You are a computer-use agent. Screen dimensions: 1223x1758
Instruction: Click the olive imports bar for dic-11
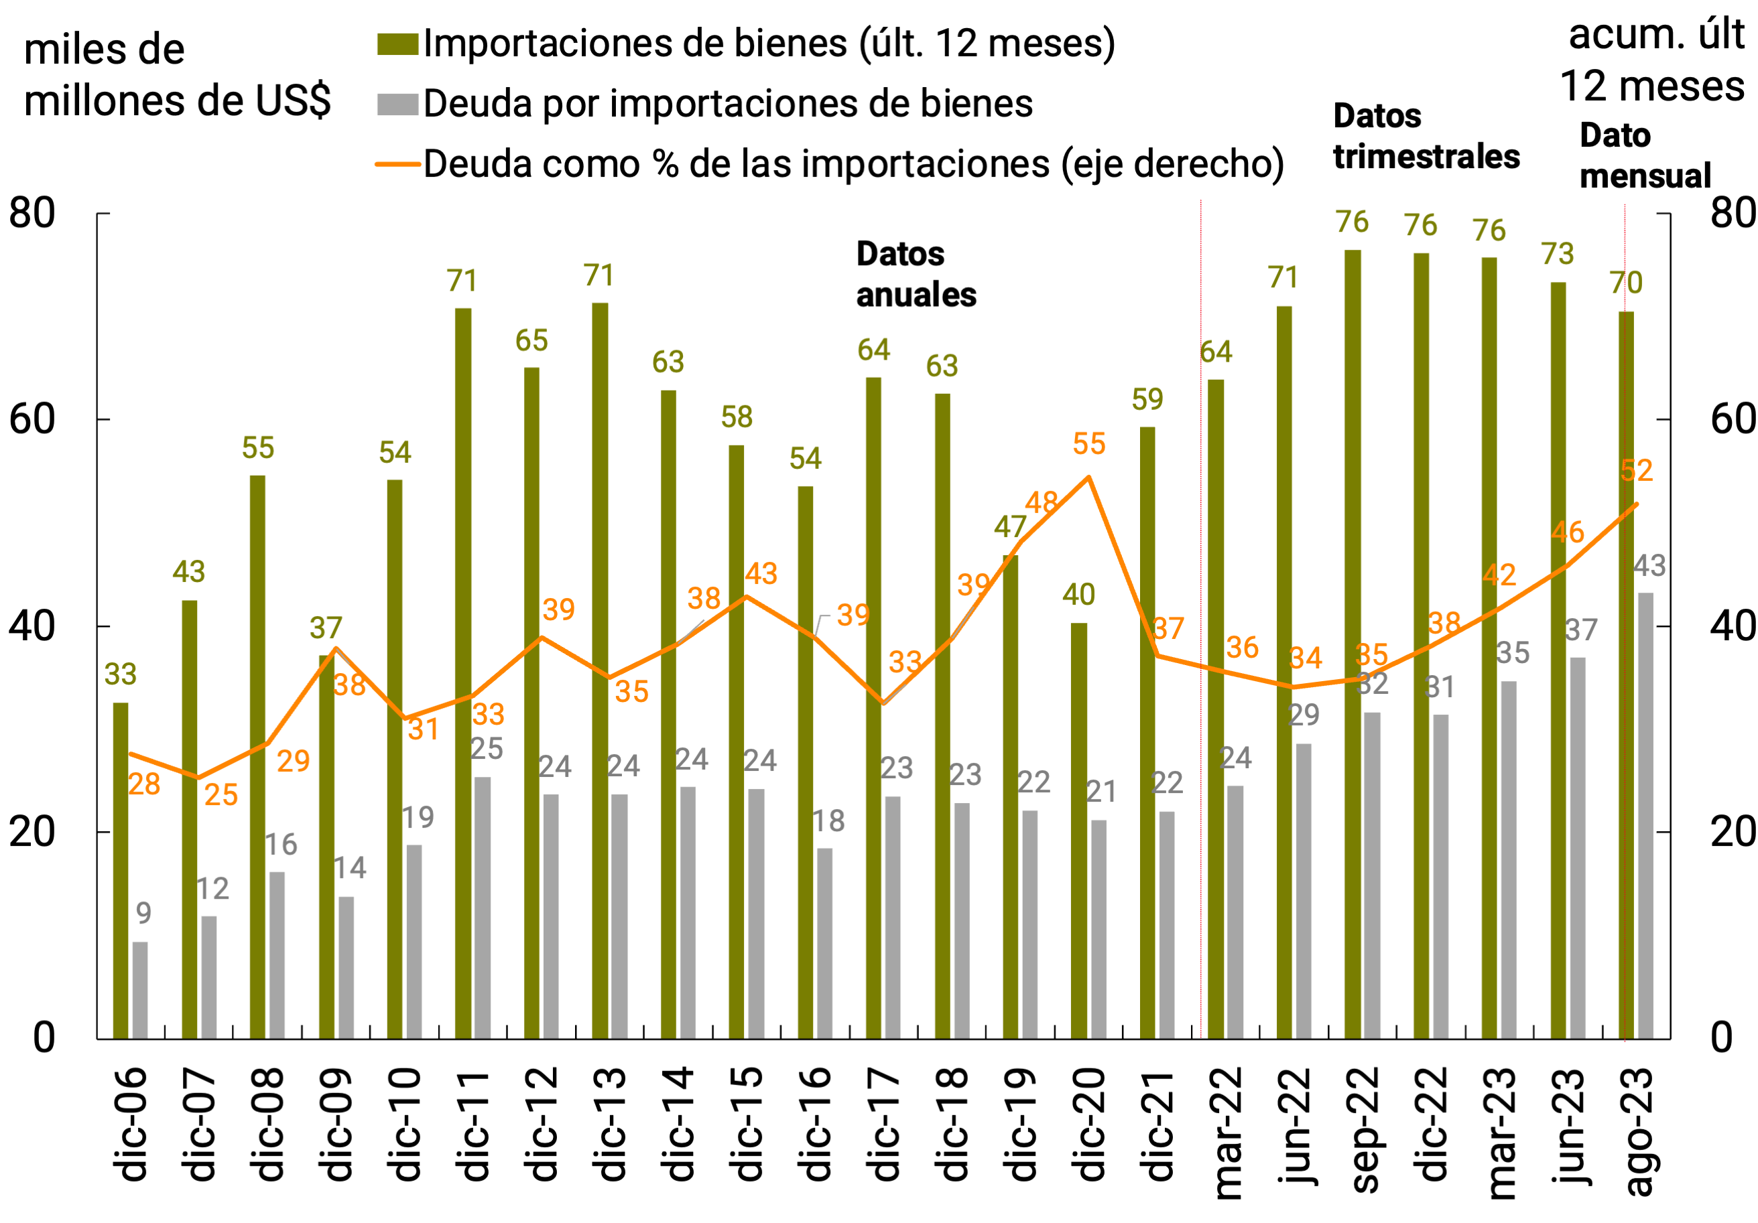pyautogui.click(x=463, y=674)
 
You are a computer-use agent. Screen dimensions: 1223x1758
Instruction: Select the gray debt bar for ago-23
pyautogui.click(x=1645, y=816)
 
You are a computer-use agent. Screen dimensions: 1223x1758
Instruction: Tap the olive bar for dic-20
pyautogui.click(x=1079, y=831)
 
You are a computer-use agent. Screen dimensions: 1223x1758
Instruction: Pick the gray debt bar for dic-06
pyautogui.click(x=140, y=991)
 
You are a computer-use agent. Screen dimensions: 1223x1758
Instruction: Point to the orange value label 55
pyautogui.click(x=1089, y=444)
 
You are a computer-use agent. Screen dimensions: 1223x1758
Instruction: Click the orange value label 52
pyautogui.click(x=1636, y=471)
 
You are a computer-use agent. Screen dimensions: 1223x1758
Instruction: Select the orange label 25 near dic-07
pyautogui.click(x=221, y=795)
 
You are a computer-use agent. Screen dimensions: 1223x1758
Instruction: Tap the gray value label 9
pyautogui.click(x=144, y=913)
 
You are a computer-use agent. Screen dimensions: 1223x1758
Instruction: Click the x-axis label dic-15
pyautogui.click(x=746, y=1125)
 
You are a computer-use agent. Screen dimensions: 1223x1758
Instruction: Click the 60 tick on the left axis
pyautogui.click(x=32, y=419)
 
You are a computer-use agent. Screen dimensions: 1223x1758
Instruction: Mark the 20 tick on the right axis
pyautogui.click(x=1732, y=832)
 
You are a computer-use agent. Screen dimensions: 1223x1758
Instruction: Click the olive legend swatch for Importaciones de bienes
pyautogui.click(x=397, y=44)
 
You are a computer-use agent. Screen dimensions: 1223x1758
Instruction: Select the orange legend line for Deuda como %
pyautogui.click(x=397, y=165)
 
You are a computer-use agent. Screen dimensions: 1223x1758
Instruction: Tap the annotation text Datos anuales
pyautogui.click(x=916, y=274)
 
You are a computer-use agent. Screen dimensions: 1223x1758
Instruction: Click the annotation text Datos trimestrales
pyautogui.click(x=1426, y=136)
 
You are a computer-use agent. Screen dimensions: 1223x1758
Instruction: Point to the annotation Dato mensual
pyautogui.click(x=1645, y=155)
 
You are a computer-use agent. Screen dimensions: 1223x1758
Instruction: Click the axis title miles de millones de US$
pyautogui.click(x=177, y=75)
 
